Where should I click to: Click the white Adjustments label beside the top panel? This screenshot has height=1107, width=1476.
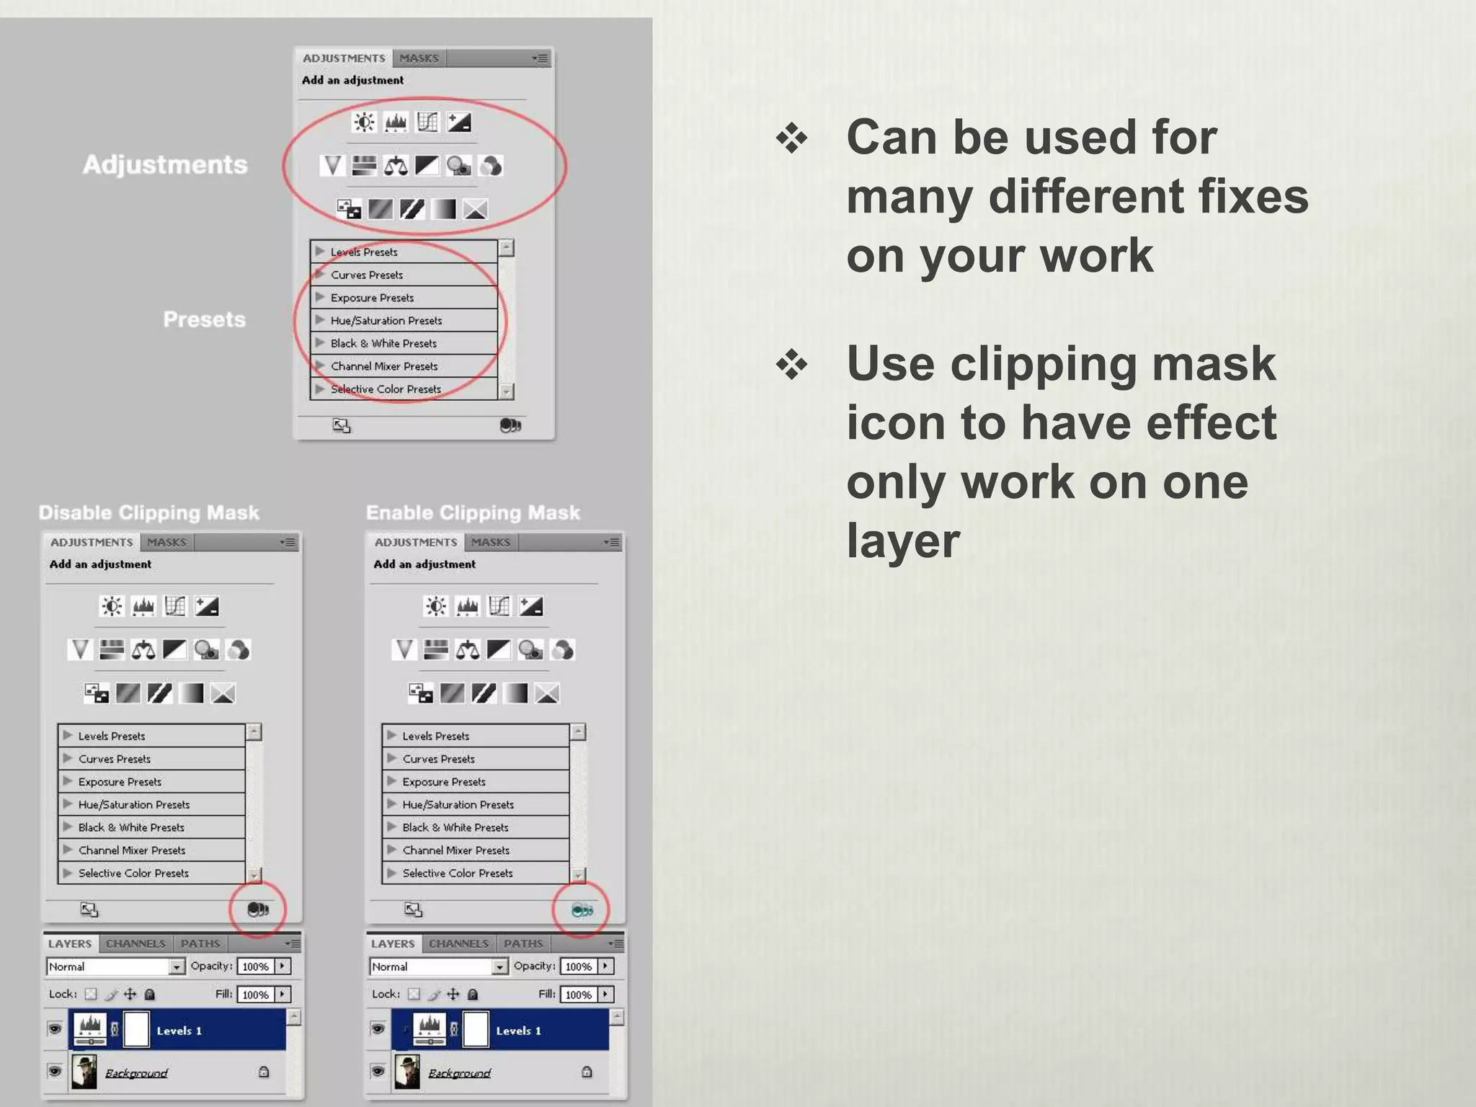[x=165, y=165]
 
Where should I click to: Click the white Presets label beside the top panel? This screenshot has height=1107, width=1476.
[x=204, y=319]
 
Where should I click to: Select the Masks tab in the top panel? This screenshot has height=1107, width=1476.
[x=419, y=58]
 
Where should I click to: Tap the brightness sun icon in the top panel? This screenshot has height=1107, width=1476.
[x=364, y=122]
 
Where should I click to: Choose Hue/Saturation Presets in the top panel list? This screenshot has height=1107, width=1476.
[x=386, y=321]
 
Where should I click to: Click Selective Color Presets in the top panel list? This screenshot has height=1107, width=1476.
[x=386, y=389]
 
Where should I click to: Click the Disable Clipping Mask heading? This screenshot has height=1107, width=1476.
[x=148, y=512]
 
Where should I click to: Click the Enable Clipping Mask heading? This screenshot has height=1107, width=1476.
[x=473, y=512]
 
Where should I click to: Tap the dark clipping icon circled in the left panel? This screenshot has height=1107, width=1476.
[x=257, y=910]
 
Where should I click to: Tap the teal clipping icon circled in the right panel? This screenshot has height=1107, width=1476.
[x=582, y=910]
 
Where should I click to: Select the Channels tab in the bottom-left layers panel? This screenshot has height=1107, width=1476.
[x=135, y=943]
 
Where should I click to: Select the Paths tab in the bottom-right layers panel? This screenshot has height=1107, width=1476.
[x=523, y=943]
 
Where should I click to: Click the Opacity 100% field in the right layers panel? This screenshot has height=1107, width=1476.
[x=579, y=966]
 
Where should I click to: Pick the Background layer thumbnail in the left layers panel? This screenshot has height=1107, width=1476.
[x=84, y=1072]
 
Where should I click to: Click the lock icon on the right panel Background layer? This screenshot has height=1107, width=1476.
[x=587, y=1072]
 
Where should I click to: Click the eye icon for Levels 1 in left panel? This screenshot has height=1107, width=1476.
[x=55, y=1028]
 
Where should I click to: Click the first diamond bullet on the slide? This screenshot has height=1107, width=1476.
[x=791, y=138]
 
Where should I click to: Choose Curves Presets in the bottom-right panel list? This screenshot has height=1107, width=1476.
[x=438, y=759]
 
